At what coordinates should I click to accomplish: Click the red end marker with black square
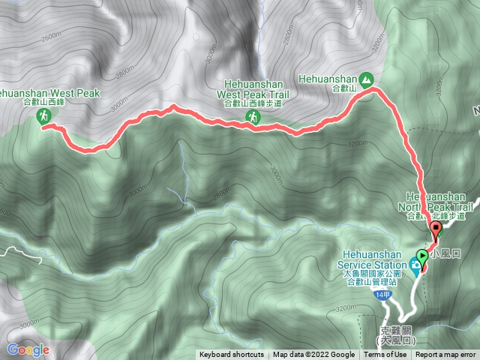435,229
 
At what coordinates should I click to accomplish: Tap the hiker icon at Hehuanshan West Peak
43,115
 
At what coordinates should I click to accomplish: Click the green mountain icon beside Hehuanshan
365,78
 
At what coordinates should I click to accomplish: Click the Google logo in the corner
28,349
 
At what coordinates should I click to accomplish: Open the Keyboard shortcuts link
232,355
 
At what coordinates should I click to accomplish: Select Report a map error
446,355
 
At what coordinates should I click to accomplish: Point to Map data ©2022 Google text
314,355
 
